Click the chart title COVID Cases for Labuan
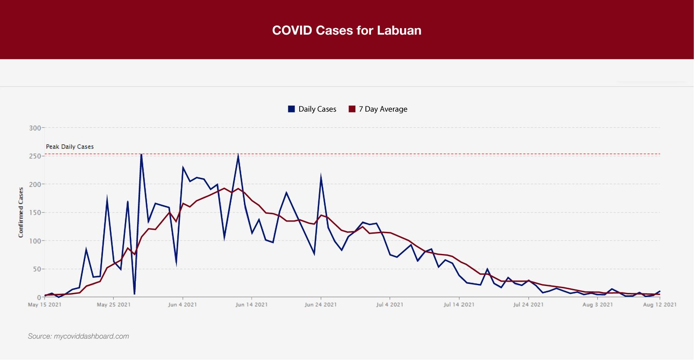coord(347,30)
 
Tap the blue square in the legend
coord(291,109)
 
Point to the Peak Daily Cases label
coord(70,147)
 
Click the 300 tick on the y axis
coord(35,128)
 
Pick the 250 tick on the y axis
coord(35,156)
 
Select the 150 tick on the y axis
coord(35,212)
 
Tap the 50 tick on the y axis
coord(36,269)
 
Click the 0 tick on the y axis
coord(39,297)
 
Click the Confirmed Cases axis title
coord(21,212)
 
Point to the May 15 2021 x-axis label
coord(45,305)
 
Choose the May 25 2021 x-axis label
coord(114,305)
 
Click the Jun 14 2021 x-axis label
coord(252,305)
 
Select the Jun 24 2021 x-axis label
coord(321,305)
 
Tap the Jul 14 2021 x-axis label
coord(459,305)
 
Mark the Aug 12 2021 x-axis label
coord(660,305)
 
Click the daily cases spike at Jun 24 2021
coord(321,177)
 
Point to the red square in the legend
coord(352,109)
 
